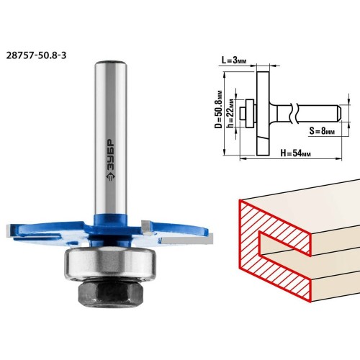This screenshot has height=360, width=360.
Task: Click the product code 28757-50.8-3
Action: click(x=36, y=55)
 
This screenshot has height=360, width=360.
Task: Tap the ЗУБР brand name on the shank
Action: click(x=110, y=154)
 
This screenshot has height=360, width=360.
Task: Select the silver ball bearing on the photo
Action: click(x=110, y=264)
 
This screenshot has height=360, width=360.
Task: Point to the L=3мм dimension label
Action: click(x=234, y=60)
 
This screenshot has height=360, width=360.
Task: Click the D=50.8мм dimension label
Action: click(x=218, y=109)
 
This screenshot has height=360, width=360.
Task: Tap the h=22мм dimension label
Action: click(x=230, y=113)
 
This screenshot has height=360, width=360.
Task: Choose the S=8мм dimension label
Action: click(x=322, y=131)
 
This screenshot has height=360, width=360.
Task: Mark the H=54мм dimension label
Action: click(x=295, y=153)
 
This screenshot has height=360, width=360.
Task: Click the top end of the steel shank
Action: click(x=110, y=63)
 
